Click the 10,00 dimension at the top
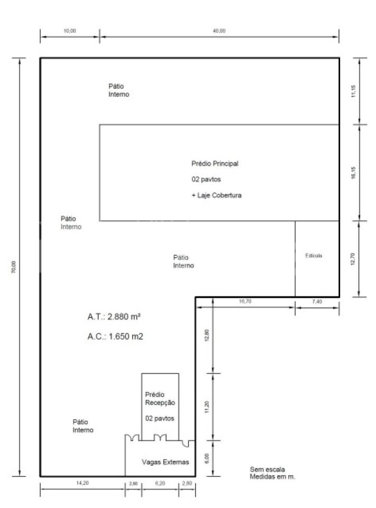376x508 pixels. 70,31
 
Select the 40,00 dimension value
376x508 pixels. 219,31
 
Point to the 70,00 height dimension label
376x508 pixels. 14,267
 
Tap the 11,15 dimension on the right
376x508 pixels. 353,91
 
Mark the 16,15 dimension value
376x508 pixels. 353,173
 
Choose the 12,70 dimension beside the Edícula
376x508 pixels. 353,259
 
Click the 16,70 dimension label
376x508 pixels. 245,301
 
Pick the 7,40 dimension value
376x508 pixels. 317,301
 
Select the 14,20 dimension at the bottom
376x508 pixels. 82,483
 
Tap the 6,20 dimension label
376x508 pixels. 160,483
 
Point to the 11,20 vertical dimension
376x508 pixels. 207,407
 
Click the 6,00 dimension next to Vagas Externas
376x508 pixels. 207,458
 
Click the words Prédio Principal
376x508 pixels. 215,164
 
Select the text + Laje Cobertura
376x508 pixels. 217,195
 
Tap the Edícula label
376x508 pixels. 314,256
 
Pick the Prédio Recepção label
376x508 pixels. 160,398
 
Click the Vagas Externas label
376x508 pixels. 165,462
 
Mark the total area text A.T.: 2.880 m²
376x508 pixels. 114,316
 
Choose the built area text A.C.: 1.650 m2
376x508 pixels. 115,337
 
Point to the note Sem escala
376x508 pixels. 267,469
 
